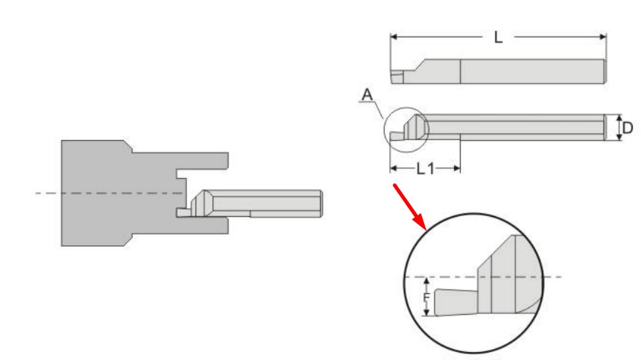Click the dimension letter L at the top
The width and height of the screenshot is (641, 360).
click(497, 38)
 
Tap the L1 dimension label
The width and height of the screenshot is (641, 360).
click(425, 168)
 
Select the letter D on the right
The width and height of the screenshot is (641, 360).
click(628, 128)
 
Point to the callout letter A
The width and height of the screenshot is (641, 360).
click(367, 95)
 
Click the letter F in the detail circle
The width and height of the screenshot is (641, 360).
click(426, 297)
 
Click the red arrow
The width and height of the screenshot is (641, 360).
click(410, 207)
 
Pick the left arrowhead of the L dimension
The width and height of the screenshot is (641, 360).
click(394, 37)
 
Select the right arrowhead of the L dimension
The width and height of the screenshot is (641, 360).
click(602, 37)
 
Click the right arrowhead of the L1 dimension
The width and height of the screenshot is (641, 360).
click(456, 168)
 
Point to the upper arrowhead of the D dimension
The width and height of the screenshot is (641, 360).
click(619, 118)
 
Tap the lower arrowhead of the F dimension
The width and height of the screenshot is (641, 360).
click(427, 312)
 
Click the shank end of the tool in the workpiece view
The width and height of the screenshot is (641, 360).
click(320, 203)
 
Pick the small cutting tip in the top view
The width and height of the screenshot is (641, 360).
click(396, 77)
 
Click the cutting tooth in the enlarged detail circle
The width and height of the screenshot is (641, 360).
click(456, 303)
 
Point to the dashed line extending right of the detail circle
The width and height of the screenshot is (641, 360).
click(553, 277)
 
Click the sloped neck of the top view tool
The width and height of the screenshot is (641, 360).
click(416, 66)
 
